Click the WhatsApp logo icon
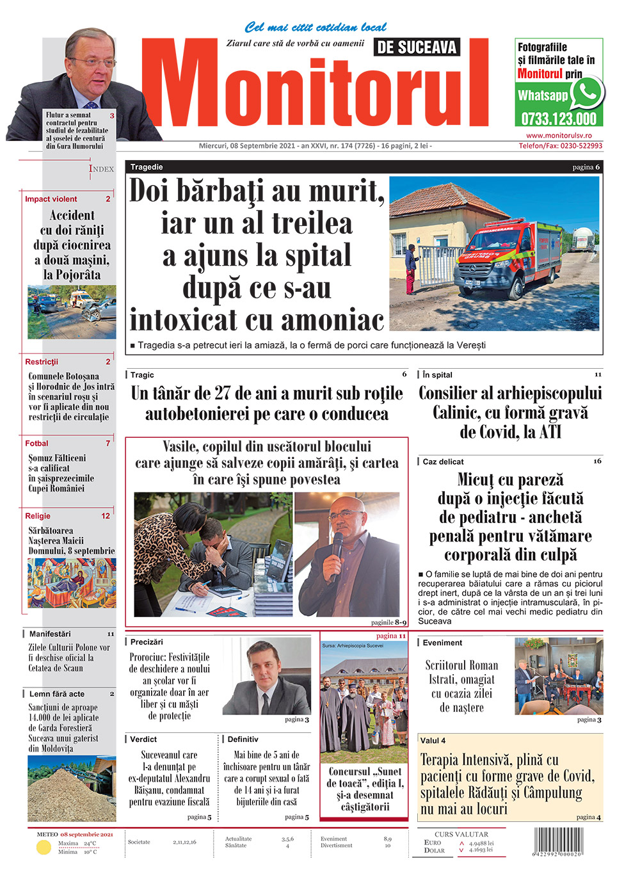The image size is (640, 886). (x=587, y=93)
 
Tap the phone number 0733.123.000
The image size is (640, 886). (x=558, y=118)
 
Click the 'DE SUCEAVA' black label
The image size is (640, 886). (x=417, y=47)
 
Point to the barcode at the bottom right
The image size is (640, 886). (x=557, y=842)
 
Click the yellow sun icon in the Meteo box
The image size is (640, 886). (x=44, y=848)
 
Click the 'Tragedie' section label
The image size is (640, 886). (x=147, y=167)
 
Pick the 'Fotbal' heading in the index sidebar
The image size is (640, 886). (x=36, y=443)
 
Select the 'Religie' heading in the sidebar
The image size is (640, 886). (x=38, y=515)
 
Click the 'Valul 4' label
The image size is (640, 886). (x=433, y=741)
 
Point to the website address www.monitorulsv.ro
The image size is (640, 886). (x=559, y=136)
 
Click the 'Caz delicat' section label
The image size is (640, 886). (x=443, y=462)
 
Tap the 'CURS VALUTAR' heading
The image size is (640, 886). (x=461, y=834)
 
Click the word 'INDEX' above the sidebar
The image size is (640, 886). (x=101, y=168)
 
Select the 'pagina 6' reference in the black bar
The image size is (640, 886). (x=586, y=167)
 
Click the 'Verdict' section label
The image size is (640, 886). (x=143, y=739)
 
